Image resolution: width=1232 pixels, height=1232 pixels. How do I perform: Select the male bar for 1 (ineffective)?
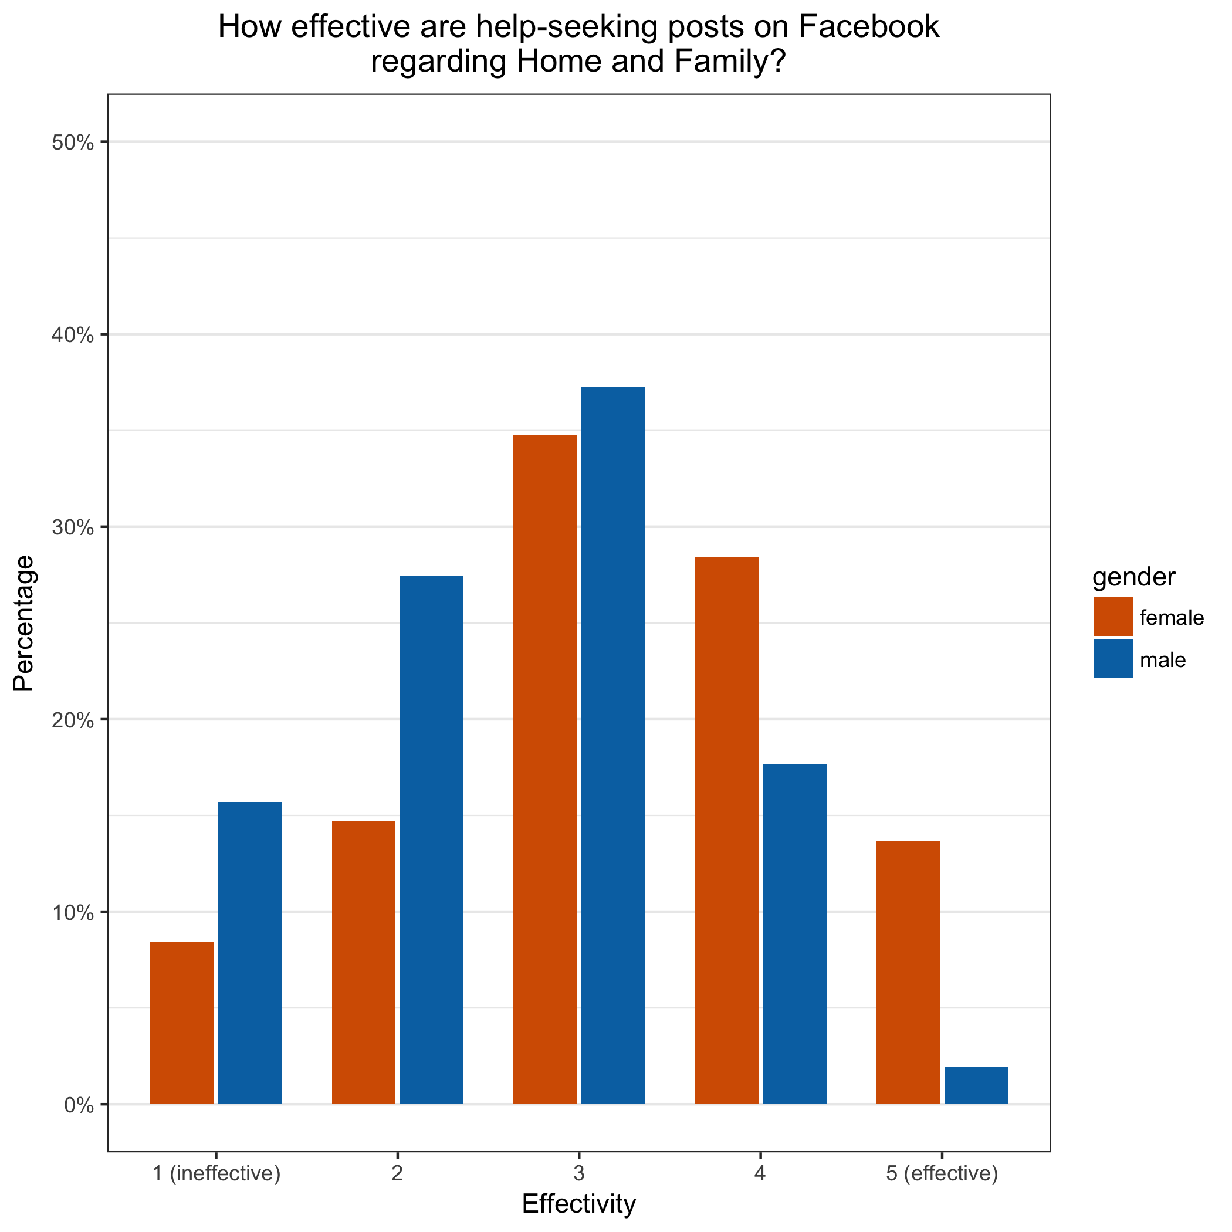(x=250, y=953)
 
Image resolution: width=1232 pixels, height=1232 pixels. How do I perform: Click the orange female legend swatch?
(x=1113, y=617)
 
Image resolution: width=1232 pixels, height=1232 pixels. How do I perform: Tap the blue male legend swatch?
(x=1113, y=659)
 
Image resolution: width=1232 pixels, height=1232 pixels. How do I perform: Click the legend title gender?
(x=1134, y=577)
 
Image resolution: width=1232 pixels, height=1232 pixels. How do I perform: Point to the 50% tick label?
(x=73, y=143)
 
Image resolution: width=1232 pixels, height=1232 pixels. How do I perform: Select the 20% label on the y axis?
(x=73, y=720)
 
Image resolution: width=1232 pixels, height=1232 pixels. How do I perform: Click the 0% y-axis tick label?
(x=79, y=1105)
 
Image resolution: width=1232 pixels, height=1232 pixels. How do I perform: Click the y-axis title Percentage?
(x=23, y=623)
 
